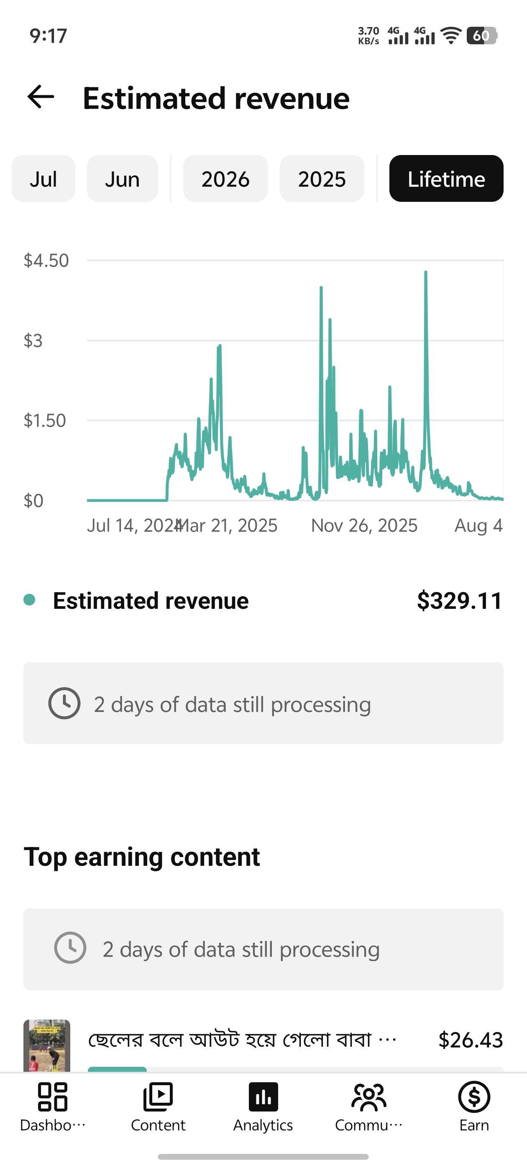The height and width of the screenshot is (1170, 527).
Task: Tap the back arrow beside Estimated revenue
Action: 41,97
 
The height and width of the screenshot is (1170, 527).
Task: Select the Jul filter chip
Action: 43,178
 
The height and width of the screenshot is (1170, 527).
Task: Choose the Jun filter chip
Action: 122,178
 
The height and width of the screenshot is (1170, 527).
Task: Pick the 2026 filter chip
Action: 225,178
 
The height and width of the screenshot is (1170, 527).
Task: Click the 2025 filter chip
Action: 322,178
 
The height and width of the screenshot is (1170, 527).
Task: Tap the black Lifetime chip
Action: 446,178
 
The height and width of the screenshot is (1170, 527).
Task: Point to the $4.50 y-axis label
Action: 46,261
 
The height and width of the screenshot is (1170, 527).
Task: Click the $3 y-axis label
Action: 33,341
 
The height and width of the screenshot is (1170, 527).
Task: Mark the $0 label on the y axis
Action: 33,501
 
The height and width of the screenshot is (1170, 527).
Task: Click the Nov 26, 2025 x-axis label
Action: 364,526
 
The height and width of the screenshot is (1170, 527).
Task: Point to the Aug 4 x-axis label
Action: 478,526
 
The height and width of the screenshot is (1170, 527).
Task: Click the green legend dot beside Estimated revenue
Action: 30,600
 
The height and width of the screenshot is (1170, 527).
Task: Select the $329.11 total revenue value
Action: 460,600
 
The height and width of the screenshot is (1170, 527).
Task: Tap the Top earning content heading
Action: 142,857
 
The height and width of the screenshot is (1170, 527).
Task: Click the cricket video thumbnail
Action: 47,1045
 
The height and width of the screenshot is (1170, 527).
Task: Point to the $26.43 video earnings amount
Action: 471,1040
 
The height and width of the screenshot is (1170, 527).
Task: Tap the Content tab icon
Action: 158,1097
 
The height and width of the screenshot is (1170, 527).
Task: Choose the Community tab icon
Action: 369,1097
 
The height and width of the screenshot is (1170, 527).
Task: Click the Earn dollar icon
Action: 474,1097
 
